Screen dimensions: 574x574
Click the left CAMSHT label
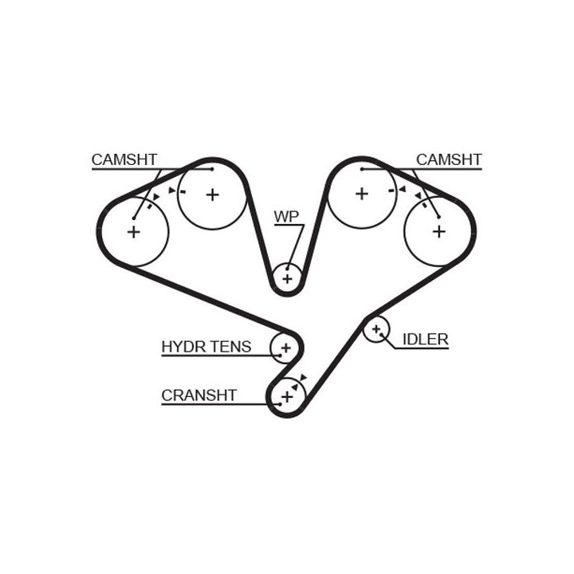(124, 159)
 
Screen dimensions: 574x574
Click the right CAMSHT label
(449, 159)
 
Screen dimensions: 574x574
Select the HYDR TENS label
(206, 346)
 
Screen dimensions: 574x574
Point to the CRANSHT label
(199, 395)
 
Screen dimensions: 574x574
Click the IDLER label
(425, 340)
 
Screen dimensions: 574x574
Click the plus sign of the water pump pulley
(287, 278)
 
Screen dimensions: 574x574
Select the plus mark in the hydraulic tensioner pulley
(285, 347)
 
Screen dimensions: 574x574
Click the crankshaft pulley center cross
(287, 395)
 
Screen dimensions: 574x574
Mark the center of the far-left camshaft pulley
(133, 232)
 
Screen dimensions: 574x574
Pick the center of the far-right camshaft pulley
(438, 231)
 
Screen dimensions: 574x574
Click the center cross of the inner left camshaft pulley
(212, 194)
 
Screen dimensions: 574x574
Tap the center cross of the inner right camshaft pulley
(362, 193)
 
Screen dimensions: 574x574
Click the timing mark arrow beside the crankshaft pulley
(303, 380)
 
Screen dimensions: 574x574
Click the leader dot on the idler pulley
(381, 335)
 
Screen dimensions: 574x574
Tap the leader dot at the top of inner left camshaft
(211, 169)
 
